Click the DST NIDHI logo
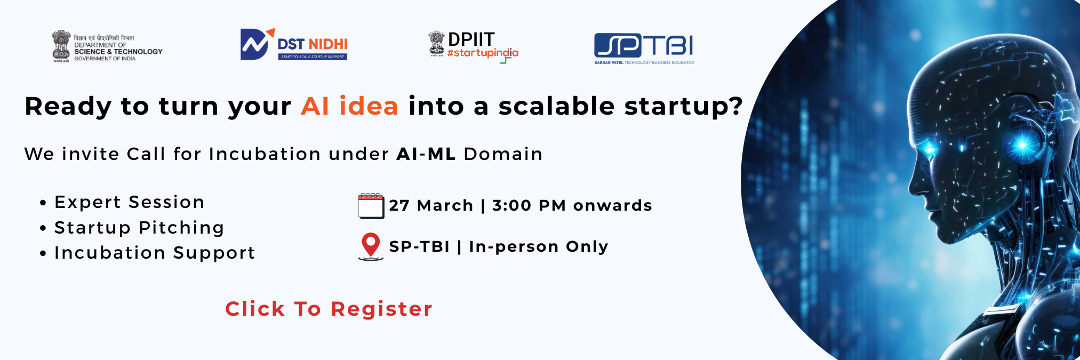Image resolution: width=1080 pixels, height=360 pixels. click(294, 44)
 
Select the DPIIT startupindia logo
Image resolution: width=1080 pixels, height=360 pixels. click(474, 47)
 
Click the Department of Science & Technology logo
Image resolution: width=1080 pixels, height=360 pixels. click(107, 46)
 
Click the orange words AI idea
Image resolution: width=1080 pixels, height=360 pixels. click(350, 106)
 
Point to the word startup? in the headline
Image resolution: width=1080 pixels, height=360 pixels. click(684, 107)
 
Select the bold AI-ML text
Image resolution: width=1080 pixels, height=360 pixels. click(426, 154)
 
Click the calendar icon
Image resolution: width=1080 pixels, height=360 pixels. click(371, 206)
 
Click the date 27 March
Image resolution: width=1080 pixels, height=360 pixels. click(431, 205)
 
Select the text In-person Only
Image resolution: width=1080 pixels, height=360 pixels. click(539, 246)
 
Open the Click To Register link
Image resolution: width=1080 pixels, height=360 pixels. click(329, 309)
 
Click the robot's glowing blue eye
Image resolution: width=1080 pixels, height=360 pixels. click(929, 148)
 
